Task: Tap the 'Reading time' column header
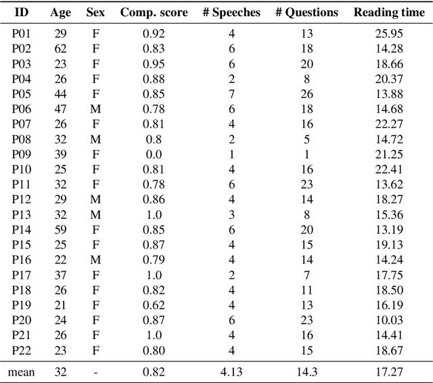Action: click(388, 13)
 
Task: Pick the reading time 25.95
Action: click(388, 33)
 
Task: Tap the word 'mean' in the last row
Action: click(21, 371)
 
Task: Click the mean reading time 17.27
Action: click(388, 371)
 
